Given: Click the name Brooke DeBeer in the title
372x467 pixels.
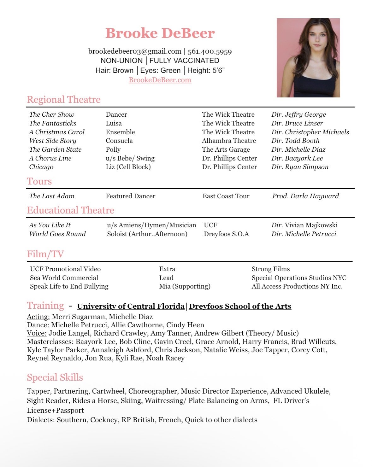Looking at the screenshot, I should pyautogui.click(x=160, y=33).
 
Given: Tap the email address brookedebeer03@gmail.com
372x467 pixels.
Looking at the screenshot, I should pyautogui.click(x=135, y=51).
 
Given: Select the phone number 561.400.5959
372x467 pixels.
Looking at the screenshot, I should pyautogui.click(x=210, y=51).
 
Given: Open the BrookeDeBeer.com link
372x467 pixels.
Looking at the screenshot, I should pyautogui.click(x=160, y=80).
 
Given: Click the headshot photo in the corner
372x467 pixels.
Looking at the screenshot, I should pyautogui.click(x=308, y=58).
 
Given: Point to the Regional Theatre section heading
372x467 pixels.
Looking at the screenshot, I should pyautogui.click(x=64, y=100).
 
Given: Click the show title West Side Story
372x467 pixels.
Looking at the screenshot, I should pyautogui.click(x=53, y=141).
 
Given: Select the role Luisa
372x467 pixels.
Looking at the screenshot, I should pyautogui.click(x=114, y=123).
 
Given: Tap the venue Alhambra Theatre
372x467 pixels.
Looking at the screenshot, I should pyautogui.click(x=229, y=141).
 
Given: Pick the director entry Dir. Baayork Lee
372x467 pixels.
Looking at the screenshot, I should pyautogui.click(x=297, y=158).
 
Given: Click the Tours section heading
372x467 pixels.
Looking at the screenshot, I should pyautogui.click(x=39, y=181).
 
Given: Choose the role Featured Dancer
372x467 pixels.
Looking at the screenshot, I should pyautogui.click(x=130, y=196).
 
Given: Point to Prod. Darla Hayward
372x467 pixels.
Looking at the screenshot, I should pyautogui.click(x=305, y=196).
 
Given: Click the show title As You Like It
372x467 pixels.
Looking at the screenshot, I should pyautogui.click(x=50, y=225).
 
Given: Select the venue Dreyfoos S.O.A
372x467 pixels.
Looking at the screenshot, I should pyautogui.click(x=226, y=234).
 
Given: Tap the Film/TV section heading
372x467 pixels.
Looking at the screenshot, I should pyautogui.click(x=45, y=254).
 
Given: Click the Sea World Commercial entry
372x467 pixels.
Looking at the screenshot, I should pyautogui.click(x=64, y=278).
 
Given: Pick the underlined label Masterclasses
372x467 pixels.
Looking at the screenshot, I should pyautogui.click(x=49, y=342).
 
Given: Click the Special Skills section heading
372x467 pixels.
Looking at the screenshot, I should pyautogui.click(x=55, y=377).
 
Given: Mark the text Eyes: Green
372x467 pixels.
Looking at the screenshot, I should pyautogui.click(x=160, y=70).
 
